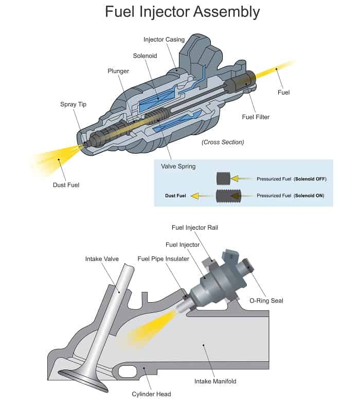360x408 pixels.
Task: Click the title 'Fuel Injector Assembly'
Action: [x=183, y=12]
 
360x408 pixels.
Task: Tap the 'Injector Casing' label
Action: [x=164, y=40]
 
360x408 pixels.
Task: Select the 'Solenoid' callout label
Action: [x=145, y=55]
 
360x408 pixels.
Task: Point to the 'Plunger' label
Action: [x=118, y=71]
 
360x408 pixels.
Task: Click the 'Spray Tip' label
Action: [x=73, y=104]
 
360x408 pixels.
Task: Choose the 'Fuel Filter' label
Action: [x=256, y=117]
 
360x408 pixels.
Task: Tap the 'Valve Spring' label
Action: [x=178, y=166]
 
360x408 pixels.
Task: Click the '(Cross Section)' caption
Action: [x=223, y=142]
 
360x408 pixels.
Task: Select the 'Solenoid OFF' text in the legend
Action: [x=310, y=179]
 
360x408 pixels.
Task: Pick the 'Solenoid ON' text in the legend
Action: [x=309, y=196]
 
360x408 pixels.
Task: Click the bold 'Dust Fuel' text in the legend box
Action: [x=175, y=196]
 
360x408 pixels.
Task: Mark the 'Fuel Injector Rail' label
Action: [x=195, y=228]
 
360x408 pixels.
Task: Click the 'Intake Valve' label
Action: [x=102, y=259]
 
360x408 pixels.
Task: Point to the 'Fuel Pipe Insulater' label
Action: [x=164, y=259]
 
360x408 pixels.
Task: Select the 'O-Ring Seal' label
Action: [x=266, y=301]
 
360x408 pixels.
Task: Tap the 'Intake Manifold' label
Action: [x=215, y=381]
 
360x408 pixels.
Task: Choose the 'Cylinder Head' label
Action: [x=151, y=394]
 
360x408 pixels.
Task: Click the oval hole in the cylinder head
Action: [x=128, y=372]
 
